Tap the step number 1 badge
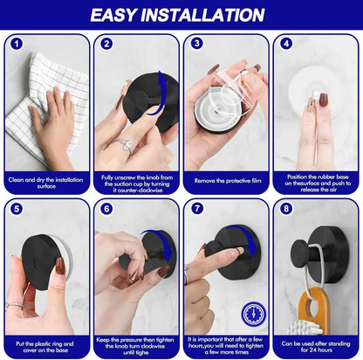click(17, 43)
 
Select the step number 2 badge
click(106, 43)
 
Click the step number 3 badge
click(197, 43)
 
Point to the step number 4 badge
click(287, 43)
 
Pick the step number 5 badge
click(17, 210)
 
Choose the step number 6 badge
click(106, 210)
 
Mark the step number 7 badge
click(197, 210)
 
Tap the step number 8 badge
click(287, 210)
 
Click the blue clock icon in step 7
click(252, 313)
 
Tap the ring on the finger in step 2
click(120, 145)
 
